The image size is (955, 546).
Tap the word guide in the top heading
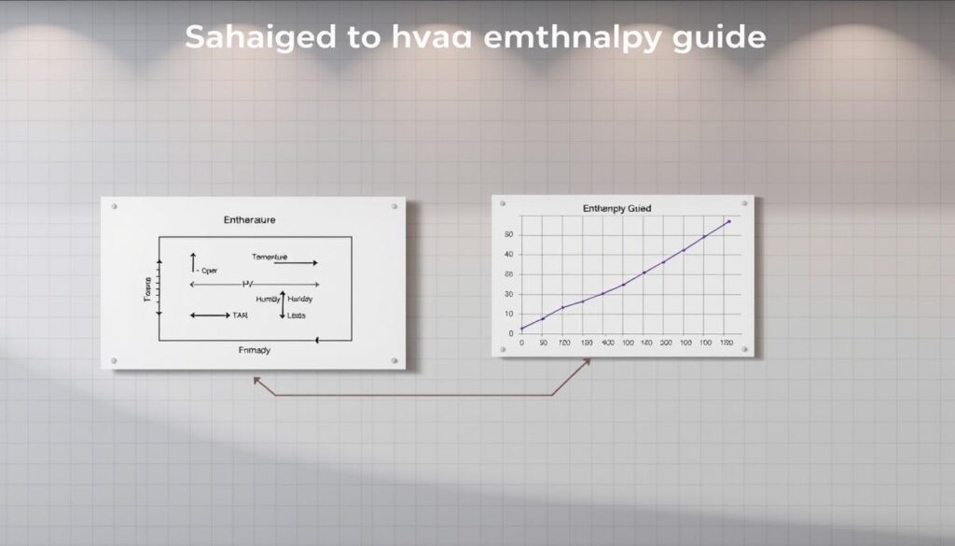click(719, 38)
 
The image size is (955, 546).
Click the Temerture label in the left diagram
click(270, 256)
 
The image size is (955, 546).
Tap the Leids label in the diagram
click(298, 315)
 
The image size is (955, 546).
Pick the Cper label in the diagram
click(209, 271)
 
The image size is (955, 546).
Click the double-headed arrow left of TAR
click(209, 315)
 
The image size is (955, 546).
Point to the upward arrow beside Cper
click(193, 262)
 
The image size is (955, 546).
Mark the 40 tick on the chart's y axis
click(508, 254)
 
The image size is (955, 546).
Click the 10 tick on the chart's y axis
click(508, 314)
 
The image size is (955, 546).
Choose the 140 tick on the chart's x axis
click(644, 343)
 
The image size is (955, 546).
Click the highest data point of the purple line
click(727, 222)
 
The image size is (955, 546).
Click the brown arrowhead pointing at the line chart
click(587, 362)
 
